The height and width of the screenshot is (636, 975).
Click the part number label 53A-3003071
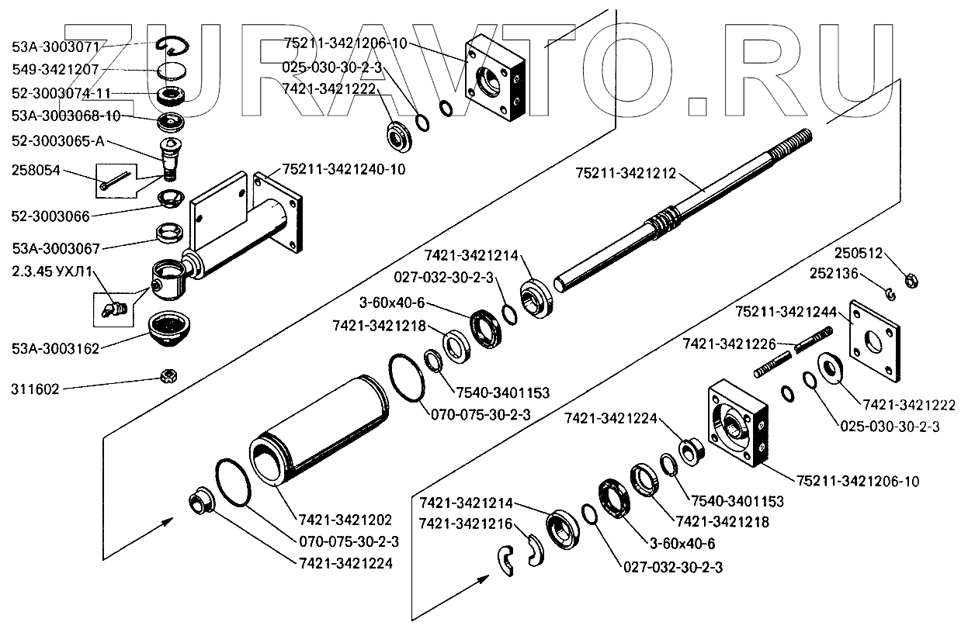click(x=55, y=47)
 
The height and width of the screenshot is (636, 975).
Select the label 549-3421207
click(x=55, y=70)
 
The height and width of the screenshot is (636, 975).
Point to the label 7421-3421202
click(x=342, y=519)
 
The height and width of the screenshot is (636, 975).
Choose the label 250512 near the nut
click(x=859, y=254)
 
